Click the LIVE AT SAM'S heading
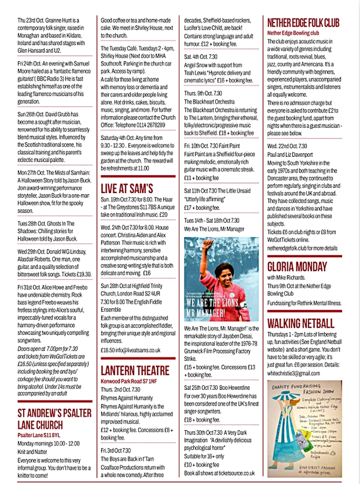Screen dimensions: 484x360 127,187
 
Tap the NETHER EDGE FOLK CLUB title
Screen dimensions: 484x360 303,22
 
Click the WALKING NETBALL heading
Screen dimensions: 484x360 300,322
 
